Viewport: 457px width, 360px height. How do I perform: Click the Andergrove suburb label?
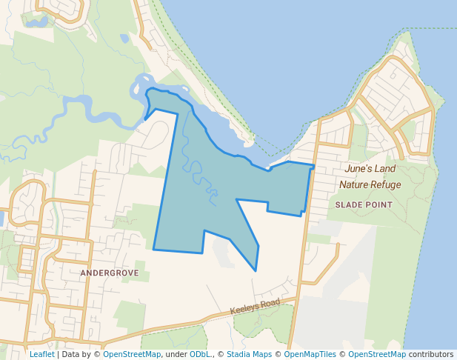coord(109,273)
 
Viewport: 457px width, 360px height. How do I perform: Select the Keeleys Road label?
coord(255,307)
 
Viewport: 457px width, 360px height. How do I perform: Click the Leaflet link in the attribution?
coord(41,354)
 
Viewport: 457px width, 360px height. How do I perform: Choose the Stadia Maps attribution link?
coord(249,354)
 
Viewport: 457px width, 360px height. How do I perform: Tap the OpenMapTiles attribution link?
coord(310,354)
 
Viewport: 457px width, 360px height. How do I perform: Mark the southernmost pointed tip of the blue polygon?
coord(256,270)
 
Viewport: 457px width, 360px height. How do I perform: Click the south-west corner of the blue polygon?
coord(154,250)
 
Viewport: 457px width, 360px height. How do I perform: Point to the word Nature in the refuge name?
coord(354,184)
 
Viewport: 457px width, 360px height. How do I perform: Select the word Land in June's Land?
coord(386,169)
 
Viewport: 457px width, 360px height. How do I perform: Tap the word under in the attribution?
coord(176,354)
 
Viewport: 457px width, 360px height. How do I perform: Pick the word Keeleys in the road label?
coord(244,310)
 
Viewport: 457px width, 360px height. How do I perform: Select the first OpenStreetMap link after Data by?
coord(132,354)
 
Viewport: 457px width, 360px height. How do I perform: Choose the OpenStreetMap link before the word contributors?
coord(377,354)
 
